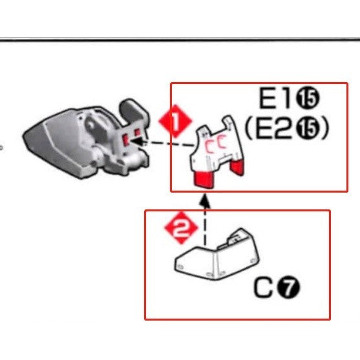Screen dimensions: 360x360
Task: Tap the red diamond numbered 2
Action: (179, 228)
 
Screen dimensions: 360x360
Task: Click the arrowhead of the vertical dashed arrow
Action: (206, 201)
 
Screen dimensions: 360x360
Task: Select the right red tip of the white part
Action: (238, 167)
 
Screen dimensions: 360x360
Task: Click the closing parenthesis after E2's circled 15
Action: (325, 129)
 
